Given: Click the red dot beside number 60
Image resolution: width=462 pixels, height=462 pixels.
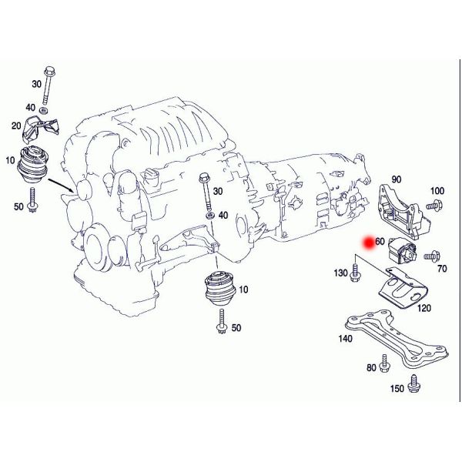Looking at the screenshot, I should pyautogui.click(x=369, y=241).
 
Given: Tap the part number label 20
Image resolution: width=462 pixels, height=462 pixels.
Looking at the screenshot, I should pyautogui.click(x=16, y=126).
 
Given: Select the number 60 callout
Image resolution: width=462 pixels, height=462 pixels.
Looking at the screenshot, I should pyautogui.click(x=380, y=241).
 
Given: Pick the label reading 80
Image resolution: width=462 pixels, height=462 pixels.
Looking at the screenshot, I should pyautogui.click(x=372, y=368).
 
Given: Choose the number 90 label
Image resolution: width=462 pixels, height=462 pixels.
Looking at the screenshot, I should pyautogui.click(x=397, y=179).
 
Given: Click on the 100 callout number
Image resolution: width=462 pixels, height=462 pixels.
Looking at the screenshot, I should pyautogui.click(x=437, y=190).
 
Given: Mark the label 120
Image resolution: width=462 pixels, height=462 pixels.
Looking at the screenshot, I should pyautogui.click(x=423, y=308).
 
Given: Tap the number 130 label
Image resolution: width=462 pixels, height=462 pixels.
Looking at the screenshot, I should pyautogui.click(x=340, y=273).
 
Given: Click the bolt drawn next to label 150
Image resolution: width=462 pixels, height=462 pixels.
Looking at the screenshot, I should pyautogui.click(x=415, y=382).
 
